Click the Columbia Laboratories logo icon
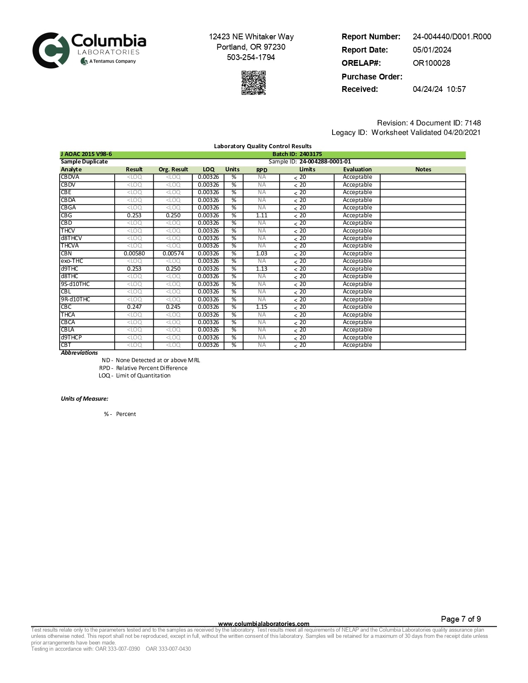pyautogui.click(x=51, y=50)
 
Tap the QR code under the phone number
pyautogui.click(x=253, y=83)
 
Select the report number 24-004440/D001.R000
pyautogui.click(x=452, y=37)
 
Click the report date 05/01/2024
pyautogui.click(x=432, y=50)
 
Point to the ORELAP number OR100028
pyautogui.click(x=431, y=63)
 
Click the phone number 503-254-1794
pyautogui.click(x=251, y=58)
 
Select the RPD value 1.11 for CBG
pyautogui.click(x=262, y=216)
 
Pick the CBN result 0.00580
pyautogui.click(x=134, y=254)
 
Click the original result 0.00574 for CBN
pyautogui.click(x=173, y=254)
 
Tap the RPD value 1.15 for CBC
pyautogui.click(x=262, y=307)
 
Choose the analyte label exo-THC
pyautogui.click(x=72, y=261)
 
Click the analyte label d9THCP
pyautogui.click(x=71, y=338)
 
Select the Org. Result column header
pyautogui.click(x=173, y=170)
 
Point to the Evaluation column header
pyautogui.click(x=357, y=170)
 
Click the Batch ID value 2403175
pyautogui.click(x=311, y=154)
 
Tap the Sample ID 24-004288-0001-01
pyautogui.click(x=325, y=162)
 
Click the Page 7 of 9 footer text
pyautogui.click(x=461, y=619)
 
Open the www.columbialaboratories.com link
pyautogui.click(x=264, y=624)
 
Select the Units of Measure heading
pyautogui.click(x=84, y=399)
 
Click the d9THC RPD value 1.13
pyautogui.click(x=262, y=269)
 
